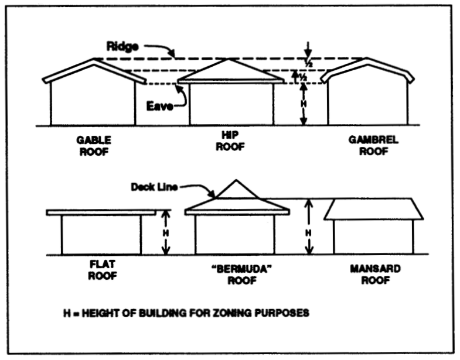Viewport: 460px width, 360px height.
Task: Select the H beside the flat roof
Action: (x=166, y=232)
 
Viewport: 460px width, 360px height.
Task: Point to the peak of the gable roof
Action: (x=94, y=60)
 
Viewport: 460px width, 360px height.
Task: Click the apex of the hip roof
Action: (x=230, y=61)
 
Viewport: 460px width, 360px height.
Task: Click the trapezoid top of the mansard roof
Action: (x=374, y=209)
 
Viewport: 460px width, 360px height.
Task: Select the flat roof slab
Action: (x=101, y=212)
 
